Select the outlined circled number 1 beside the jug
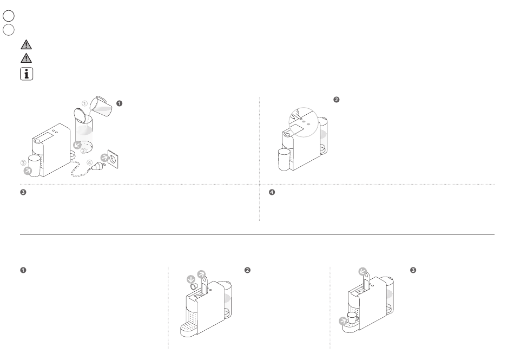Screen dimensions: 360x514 click(84, 103)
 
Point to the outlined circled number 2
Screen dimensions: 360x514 click(83, 151)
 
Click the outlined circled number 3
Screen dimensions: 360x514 click(23, 162)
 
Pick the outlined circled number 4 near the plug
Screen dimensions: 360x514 click(89, 162)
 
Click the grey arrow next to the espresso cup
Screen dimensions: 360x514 click(342, 322)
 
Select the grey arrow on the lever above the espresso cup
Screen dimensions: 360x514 click(362, 270)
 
